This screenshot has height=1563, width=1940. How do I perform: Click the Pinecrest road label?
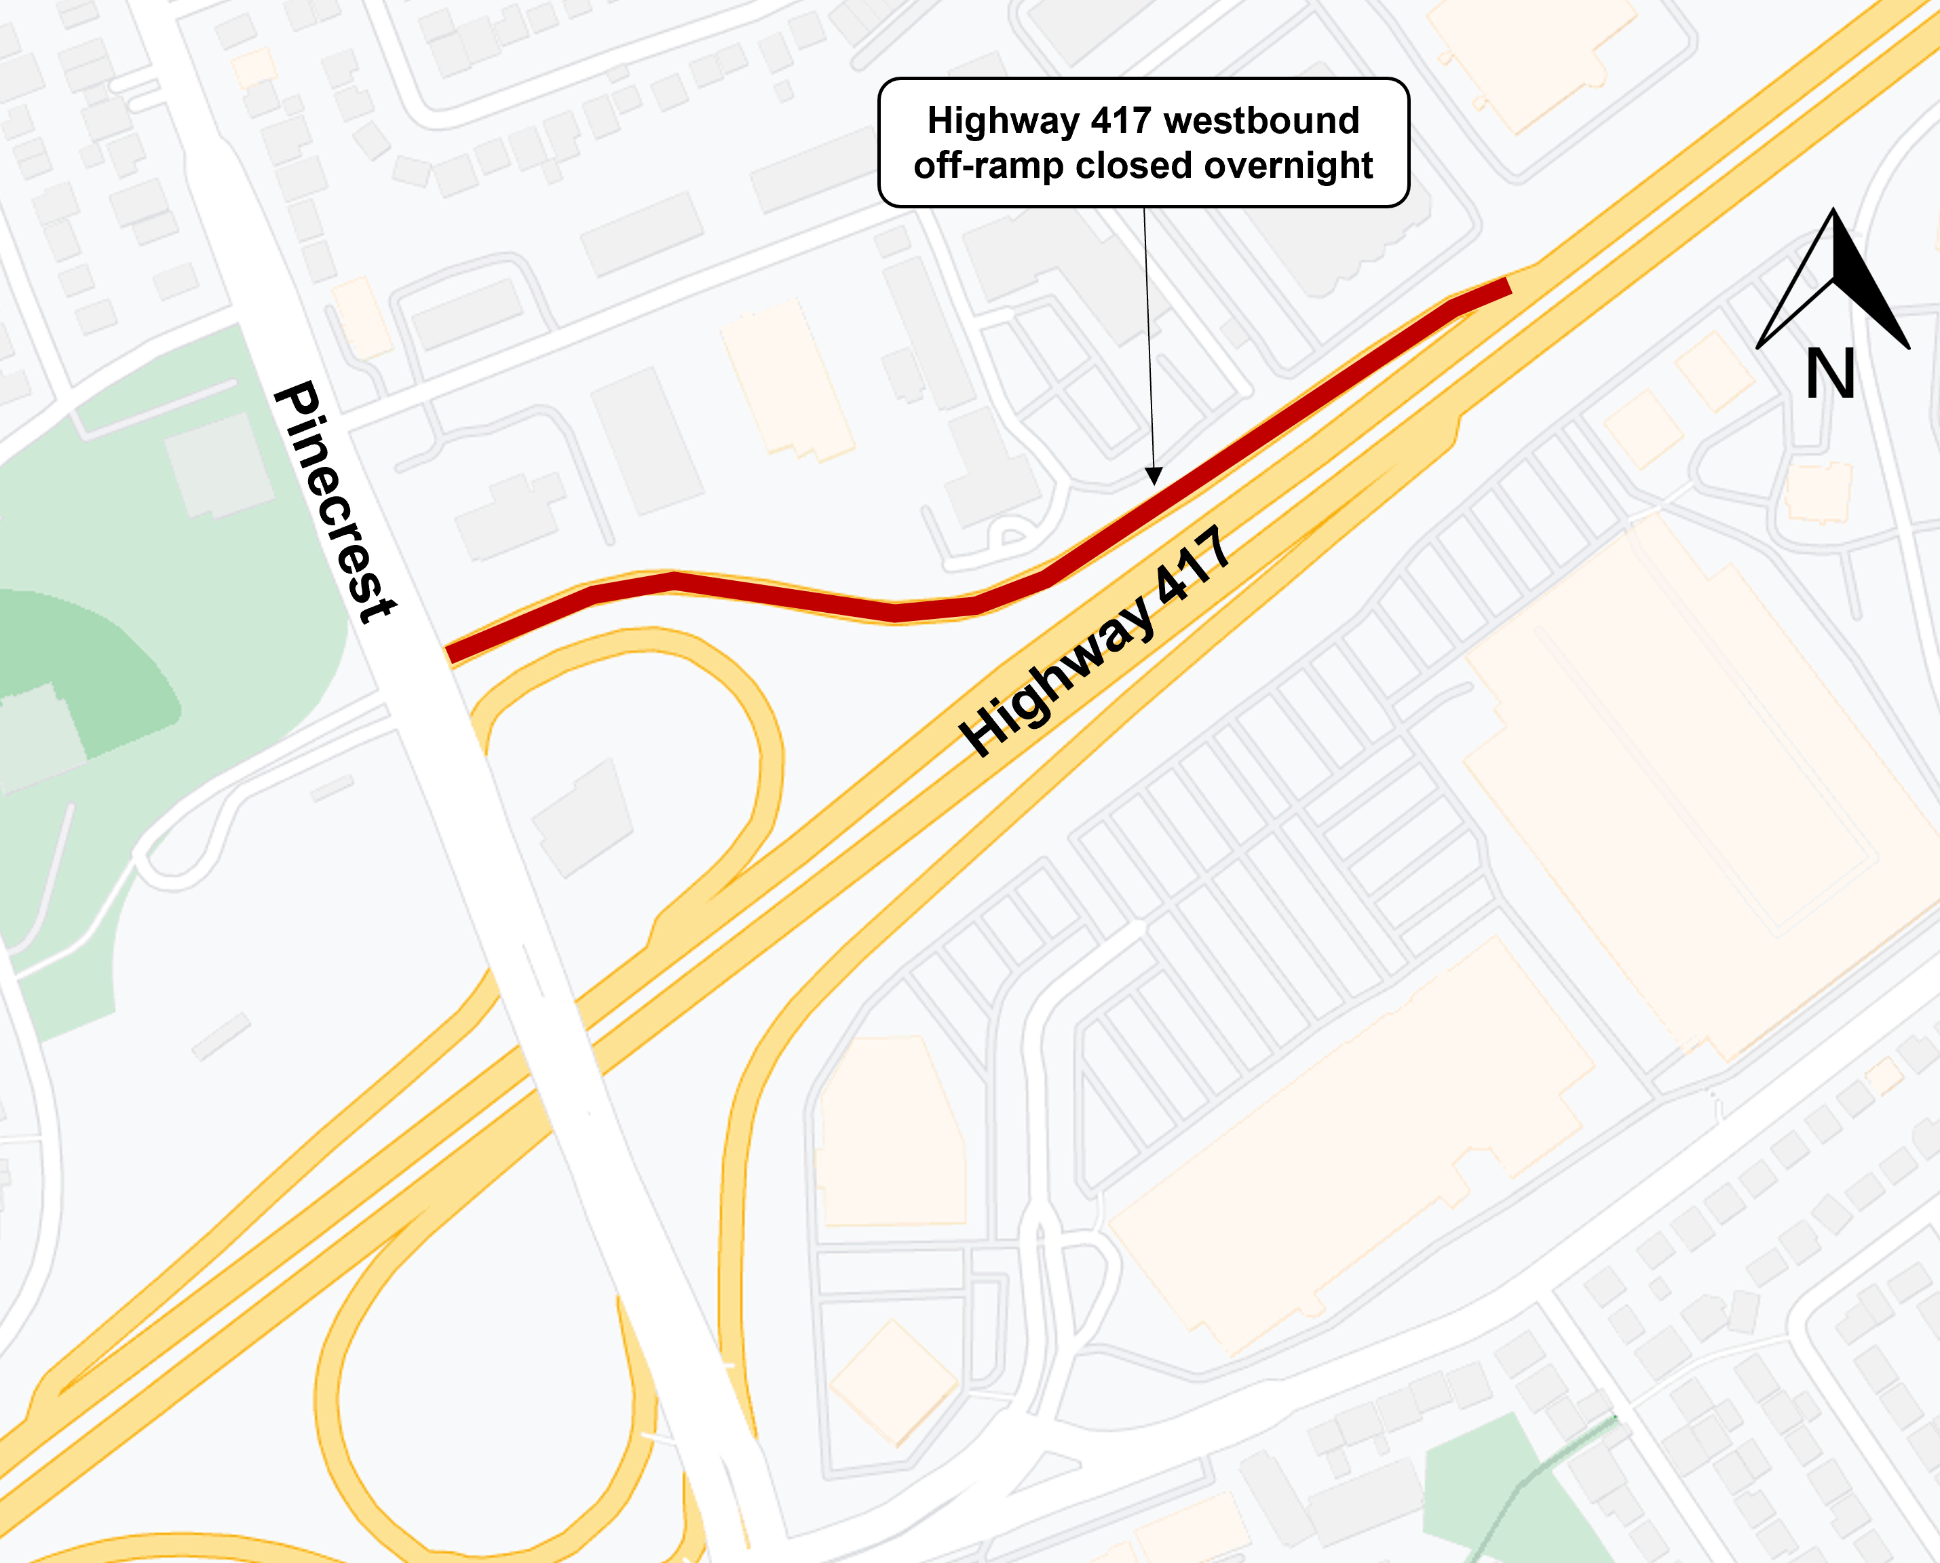[335, 501]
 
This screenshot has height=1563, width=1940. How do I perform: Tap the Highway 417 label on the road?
[1095, 641]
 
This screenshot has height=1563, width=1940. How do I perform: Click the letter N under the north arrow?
[1830, 375]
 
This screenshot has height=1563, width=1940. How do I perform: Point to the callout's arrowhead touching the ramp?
[1153, 477]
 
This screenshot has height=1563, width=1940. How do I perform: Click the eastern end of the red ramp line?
[1505, 287]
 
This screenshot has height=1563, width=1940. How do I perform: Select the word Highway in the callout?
[1003, 121]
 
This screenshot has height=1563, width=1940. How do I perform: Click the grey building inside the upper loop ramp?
[584, 818]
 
